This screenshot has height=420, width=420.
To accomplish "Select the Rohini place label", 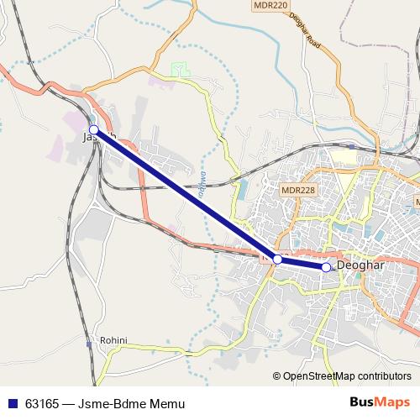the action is pos(113,340).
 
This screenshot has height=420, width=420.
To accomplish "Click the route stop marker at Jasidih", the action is pos(94,129).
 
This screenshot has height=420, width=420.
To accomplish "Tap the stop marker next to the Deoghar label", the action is pos(326,267).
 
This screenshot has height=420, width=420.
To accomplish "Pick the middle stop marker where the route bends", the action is pos(277,260).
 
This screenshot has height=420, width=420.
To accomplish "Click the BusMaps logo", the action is pos(380,402).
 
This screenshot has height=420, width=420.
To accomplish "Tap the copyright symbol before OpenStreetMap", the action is pos(276,377).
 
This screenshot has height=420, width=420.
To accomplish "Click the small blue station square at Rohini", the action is pos(89,344).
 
